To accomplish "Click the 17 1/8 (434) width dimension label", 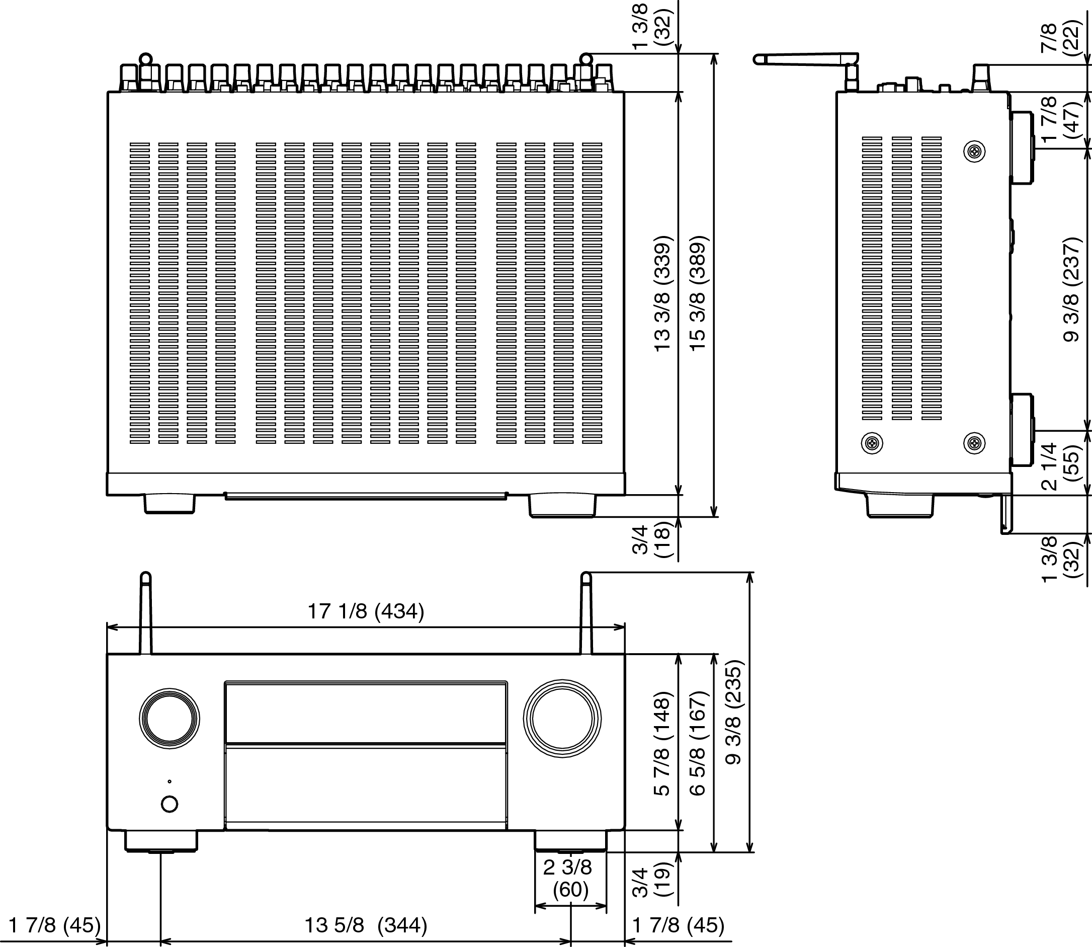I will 366,611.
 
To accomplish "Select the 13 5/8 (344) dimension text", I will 366,925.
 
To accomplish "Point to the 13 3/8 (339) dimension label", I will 662,293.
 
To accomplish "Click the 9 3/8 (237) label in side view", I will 1071,290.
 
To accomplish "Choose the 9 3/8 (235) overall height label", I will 733,713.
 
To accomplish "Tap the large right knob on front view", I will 562,719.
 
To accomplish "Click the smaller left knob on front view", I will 170,718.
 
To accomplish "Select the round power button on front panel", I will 169,804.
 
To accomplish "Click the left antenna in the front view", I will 146,613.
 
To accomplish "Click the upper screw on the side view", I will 974,152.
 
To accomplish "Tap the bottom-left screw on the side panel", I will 872,443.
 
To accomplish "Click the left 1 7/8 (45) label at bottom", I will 55,925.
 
